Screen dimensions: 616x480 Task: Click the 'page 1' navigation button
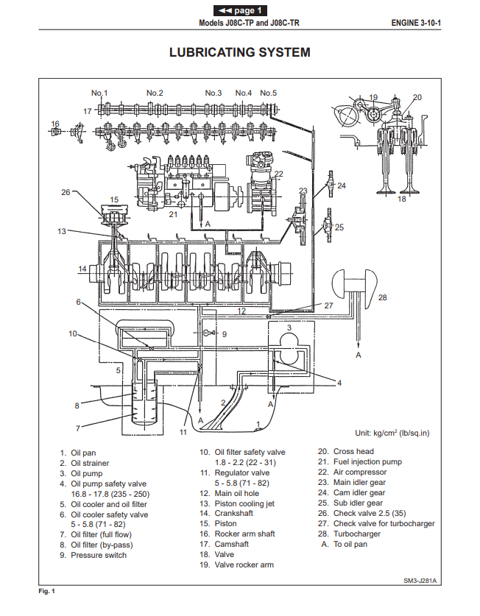click(x=240, y=10)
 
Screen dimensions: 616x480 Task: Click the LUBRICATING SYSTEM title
click(x=239, y=52)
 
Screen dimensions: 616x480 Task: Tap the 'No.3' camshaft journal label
click(x=213, y=93)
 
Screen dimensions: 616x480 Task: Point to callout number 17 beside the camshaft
click(x=87, y=111)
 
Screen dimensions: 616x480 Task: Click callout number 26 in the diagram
click(x=66, y=192)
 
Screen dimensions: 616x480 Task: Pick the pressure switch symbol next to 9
click(x=208, y=333)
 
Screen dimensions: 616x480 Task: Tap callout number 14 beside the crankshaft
click(x=83, y=269)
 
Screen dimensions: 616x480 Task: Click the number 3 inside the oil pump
click(x=289, y=328)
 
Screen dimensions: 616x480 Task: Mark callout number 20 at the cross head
click(x=417, y=97)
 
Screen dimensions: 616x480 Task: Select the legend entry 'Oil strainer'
click(x=89, y=463)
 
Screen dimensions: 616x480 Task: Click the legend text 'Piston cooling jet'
click(x=247, y=503)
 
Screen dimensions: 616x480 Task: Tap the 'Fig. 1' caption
click(x=46, y=592)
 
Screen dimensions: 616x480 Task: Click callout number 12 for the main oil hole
click(x=241, y=311)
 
